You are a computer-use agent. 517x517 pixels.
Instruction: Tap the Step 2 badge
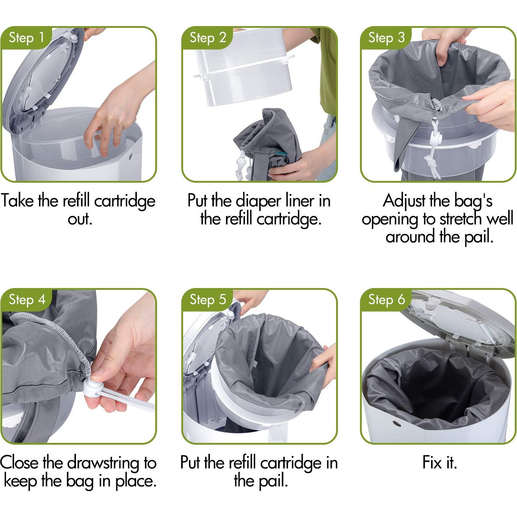click(x=207, y=38)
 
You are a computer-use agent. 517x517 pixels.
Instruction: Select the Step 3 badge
click(x=386, y=38)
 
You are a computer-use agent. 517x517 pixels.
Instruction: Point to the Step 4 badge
click(x=26, y=300)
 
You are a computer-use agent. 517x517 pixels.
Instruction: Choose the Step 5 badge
click(x=207, y=300)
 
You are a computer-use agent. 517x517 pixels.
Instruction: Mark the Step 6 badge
click(x=386, y=300)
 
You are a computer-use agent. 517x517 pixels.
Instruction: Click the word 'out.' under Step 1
click(x=80, y=219)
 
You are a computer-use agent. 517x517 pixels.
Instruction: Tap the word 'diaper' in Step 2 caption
click(x=258, y=201)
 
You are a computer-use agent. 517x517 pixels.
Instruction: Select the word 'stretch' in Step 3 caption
click(x=462, y=219)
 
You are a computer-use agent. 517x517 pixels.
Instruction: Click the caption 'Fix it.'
click(x=440, y=463)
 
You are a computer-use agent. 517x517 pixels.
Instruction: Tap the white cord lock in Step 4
click(x=93, y=387)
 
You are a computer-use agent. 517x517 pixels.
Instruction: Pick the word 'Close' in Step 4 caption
click(x=19, y=463)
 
